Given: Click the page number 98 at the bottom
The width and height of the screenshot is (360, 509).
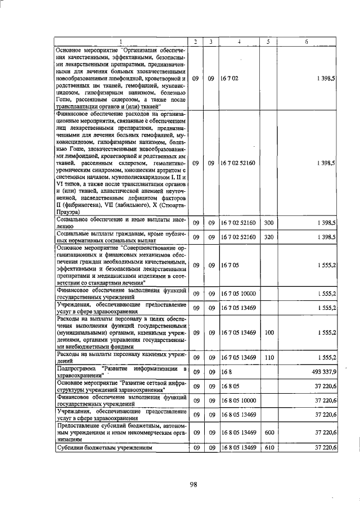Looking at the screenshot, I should (x=192, y=485).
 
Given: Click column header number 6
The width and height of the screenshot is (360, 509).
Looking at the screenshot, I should (x=307, y=41).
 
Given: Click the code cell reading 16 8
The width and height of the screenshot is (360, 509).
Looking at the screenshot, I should (x=226, y=372).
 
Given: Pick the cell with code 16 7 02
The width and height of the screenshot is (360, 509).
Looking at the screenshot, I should (x=230, y=79).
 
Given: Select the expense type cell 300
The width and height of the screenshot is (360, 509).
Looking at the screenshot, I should (x=268, y=223).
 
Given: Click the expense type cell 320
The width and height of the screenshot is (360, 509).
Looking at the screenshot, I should (x=268, y=237).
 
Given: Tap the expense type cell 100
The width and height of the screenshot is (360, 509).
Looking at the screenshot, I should (x=268, y=332).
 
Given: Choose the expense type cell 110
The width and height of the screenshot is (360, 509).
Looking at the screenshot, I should (x=268, y=358).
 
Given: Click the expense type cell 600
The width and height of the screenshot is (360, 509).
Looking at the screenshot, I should (x=268, y=433).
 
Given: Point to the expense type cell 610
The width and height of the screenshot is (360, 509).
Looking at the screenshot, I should (x=268, y=448).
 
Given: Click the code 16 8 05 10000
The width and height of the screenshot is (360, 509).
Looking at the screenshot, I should (x=238, y=400).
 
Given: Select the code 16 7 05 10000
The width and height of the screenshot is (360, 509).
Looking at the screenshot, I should (x=238, y=293).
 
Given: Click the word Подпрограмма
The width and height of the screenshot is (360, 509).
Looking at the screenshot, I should (x=76, y=368).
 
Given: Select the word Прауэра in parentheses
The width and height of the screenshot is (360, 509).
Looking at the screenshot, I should (x=69, y=213).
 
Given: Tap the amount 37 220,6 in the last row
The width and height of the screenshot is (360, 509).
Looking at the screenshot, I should (x=326, y=448).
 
